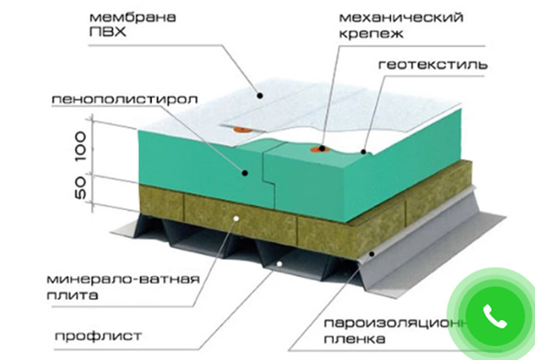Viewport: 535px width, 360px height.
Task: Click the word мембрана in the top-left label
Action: (133, 17)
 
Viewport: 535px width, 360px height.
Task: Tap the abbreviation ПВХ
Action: (108, 32)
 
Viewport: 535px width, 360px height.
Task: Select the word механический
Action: (401, 17)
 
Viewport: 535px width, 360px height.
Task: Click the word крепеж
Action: (371, 34)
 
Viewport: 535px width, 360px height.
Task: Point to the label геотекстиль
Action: (432, 65)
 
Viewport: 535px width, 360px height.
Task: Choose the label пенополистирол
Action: (124, 99)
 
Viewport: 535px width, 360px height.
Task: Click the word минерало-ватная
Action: (123, 280)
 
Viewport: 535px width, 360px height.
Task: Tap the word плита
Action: (72, 295)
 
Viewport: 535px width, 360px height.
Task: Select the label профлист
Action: (98, 336)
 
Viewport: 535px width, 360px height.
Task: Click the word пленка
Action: (355, 338)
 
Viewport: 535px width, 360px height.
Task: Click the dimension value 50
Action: (80, 187)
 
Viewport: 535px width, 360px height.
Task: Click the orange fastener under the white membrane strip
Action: (241, 129)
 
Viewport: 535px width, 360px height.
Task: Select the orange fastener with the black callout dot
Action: (319, 149)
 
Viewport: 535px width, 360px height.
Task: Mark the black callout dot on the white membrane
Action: (260, 96)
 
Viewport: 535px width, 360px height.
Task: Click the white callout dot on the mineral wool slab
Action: (236, 218)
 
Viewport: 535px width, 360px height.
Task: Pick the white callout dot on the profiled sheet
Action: (279, 264)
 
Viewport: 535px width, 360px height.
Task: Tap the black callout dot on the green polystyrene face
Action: (245, 173)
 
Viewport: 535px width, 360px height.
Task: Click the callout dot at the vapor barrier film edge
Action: (372, 254)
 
